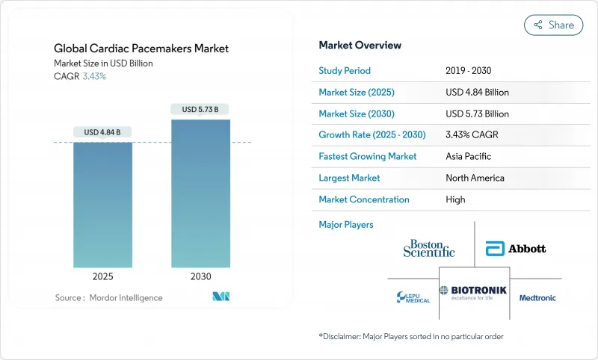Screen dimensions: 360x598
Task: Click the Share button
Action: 553,25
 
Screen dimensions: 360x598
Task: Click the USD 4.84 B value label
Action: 102,132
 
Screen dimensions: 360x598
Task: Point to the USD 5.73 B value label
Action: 200,110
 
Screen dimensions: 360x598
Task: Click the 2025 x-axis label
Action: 102,276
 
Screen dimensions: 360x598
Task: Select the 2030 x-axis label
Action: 200,276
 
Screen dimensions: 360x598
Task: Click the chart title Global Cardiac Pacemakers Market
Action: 141,49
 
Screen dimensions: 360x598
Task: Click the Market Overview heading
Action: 359,45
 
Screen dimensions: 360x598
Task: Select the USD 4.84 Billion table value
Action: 477,93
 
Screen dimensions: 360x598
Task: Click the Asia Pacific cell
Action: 469,157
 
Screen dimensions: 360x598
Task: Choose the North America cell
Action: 474,179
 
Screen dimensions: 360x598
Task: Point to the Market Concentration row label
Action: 364,199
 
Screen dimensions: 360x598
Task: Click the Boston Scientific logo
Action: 428,248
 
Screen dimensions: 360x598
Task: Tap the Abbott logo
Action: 516,248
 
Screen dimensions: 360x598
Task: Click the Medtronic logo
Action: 537,297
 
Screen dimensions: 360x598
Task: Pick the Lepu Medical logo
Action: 413,297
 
